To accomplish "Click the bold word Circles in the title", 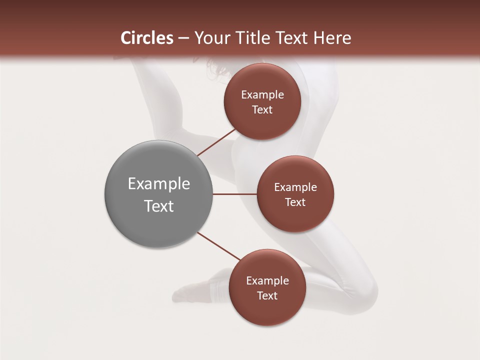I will point(147,38).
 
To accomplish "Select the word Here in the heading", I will point(332,38).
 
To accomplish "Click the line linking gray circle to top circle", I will point(216,142).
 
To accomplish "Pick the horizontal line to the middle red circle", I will point(234,194).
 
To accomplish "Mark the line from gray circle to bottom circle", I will point(218,246).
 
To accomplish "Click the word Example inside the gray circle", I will point(159,184).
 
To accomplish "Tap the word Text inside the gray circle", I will point(159,206).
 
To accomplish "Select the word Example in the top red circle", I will point(262,94).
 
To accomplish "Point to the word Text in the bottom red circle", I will point(267,295).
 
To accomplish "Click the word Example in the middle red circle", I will point(295,187).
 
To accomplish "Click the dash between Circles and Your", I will point(183,38).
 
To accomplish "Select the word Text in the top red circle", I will point(262,109).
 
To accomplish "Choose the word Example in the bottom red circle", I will point(267,280).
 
